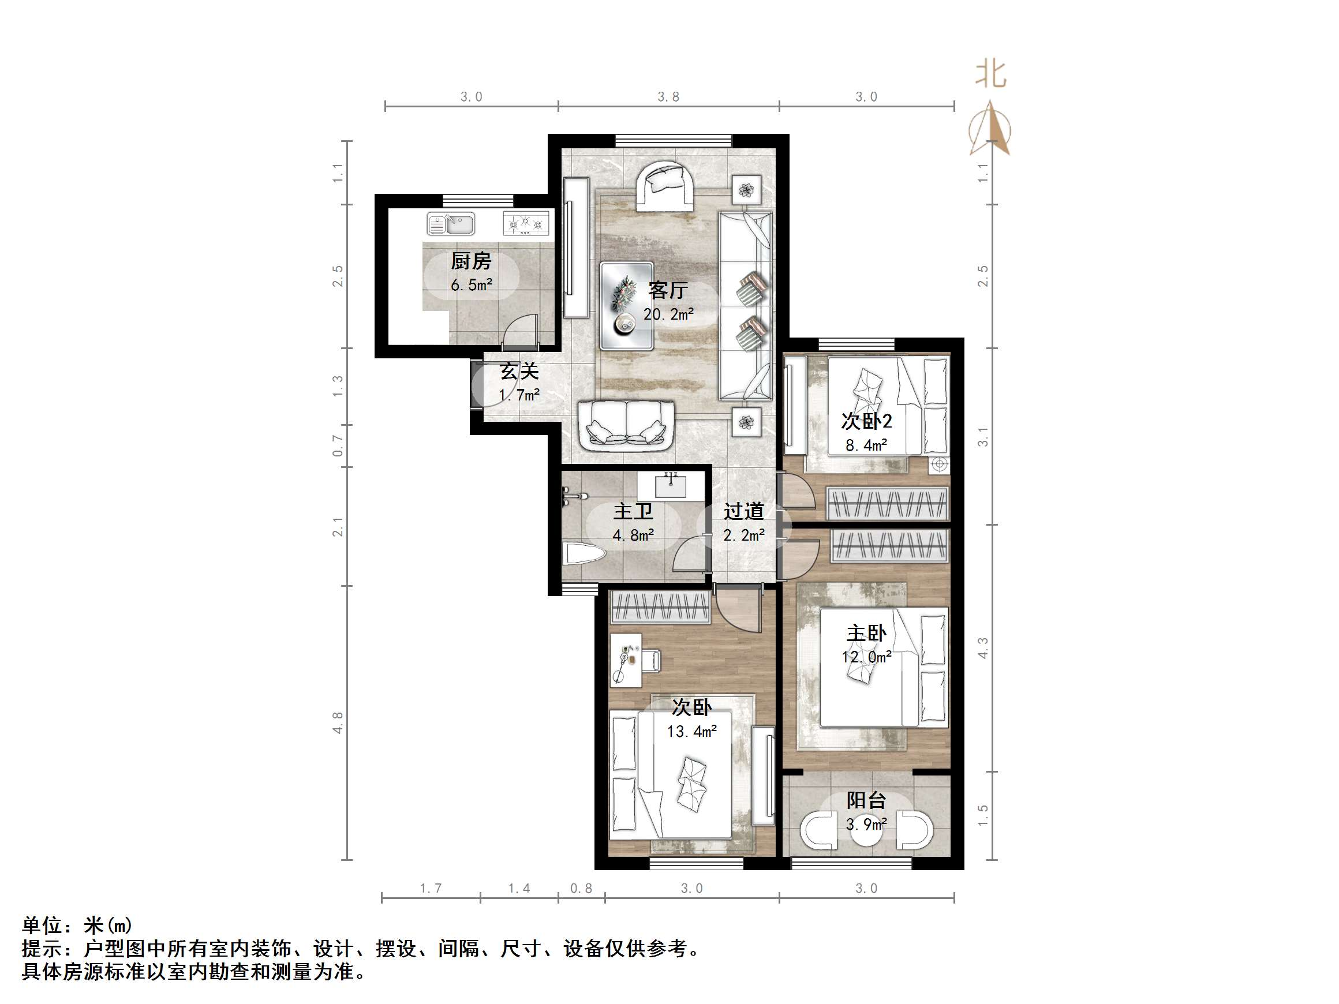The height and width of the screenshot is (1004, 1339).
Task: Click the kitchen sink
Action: (x=450, y=224)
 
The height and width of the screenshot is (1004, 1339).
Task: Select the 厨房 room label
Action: (x=471, y=261)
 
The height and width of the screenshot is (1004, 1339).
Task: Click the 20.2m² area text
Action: (x=668, y=314)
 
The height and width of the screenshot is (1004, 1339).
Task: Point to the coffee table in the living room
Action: (x=627, y=306)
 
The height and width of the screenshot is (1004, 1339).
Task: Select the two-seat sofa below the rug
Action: (x=626, y=426)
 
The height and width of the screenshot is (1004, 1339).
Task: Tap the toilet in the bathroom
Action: (x=584, y=553)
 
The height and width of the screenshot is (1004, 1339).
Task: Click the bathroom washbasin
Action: (x=670, y=486)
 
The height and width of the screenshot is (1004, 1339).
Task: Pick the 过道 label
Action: (x=743, y=512)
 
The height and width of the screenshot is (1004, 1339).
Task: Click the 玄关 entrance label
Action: (x=519, y=371)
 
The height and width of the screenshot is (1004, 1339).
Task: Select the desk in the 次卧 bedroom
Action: (x=626, y=660)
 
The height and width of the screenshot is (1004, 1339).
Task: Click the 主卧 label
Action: (x=866, y=634)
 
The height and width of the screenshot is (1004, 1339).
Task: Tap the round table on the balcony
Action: (x=866, y=831)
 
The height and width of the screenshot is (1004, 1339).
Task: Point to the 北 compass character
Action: (x=990, y=75)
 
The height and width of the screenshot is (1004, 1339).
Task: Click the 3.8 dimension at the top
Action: (x=668, y=97)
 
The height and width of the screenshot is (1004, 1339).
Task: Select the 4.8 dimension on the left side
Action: (x=338, y=722)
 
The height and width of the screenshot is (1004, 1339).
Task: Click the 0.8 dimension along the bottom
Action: (x=581, y=889)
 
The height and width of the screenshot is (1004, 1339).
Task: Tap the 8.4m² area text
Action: (x=866, y=446)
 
